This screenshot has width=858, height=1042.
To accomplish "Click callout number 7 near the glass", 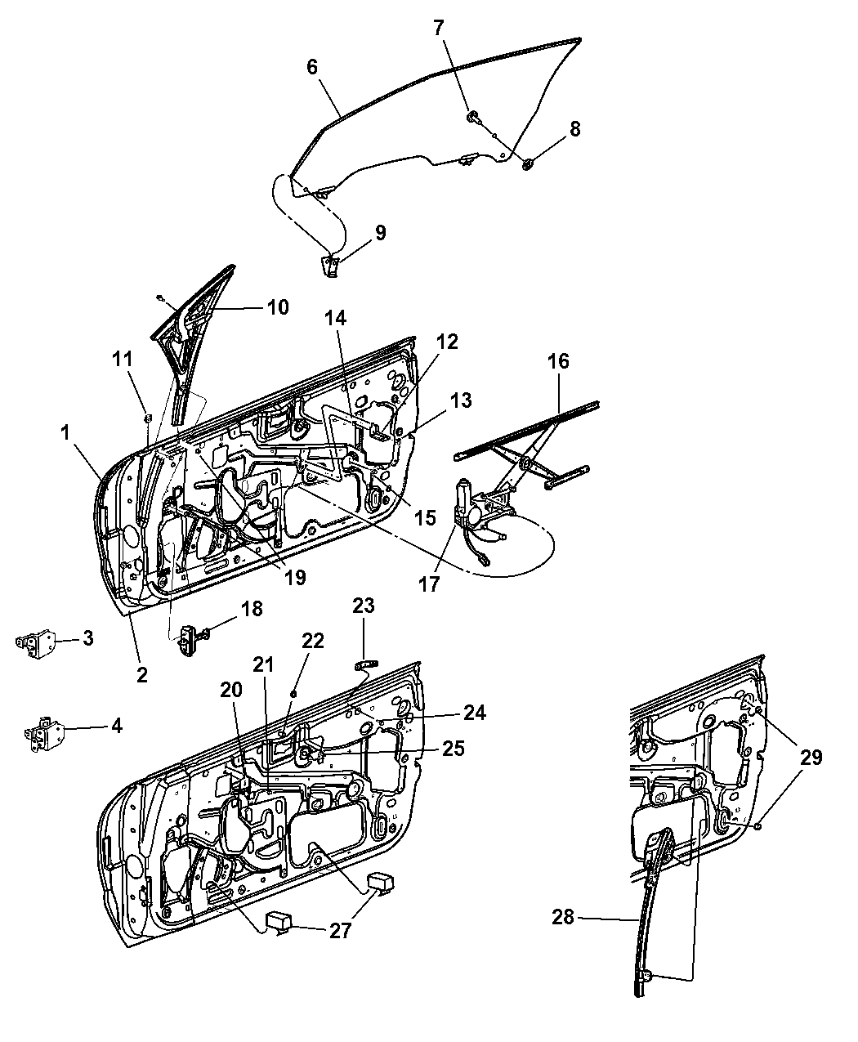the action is tap(438, 28).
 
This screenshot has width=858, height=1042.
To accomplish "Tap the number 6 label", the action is tap(312, 67).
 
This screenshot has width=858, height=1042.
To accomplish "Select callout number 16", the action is tap(558, 361).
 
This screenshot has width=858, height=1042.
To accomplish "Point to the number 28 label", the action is tap(563, 917).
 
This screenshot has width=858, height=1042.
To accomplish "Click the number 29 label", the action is tap(811, 758).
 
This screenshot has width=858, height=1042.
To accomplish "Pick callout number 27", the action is tap(341, 930).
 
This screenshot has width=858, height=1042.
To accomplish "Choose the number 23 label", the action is tap(364, 606).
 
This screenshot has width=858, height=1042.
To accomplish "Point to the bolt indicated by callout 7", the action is tap(471, 117).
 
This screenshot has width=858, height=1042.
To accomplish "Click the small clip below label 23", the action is tap(366, 664).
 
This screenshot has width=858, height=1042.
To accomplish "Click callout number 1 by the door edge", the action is tap(65, 433).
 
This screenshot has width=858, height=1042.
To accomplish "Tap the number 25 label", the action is tap(454, 749).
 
